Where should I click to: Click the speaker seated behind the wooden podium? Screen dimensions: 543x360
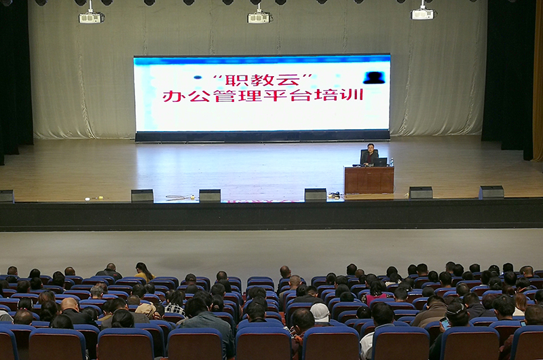click(x=369, y=154)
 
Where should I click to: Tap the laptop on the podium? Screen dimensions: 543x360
click(x=380, y=162)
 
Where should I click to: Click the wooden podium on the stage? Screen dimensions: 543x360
click(x=369, y=180)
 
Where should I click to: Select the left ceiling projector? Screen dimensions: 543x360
click(x=91, y=18)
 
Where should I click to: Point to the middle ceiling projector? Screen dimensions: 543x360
click(x=259, y=18)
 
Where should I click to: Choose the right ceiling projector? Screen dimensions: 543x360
click(x=422, y=14)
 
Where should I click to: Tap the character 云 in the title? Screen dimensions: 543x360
click(x=288, y=80)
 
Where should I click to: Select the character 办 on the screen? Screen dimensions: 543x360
click(x=174, y=96)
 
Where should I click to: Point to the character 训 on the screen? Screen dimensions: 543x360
click(x=353, y=94)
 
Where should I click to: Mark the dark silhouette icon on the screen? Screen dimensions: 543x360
click(x=374, y=77)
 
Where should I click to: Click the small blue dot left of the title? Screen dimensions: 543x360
click(x=198, y=77)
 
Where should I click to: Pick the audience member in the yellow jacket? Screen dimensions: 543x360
click(x=144, y=272)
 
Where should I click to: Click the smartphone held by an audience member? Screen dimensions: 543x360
click(x=445, y=323)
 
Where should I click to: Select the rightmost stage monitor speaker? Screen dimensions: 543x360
click(x=491, y=192)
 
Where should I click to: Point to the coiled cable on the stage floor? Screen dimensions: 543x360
click(x=178, y=198)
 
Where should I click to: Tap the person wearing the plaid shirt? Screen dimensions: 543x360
click(x=175, y=303)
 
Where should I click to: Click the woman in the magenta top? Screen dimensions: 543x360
click(x=376, y=292)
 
